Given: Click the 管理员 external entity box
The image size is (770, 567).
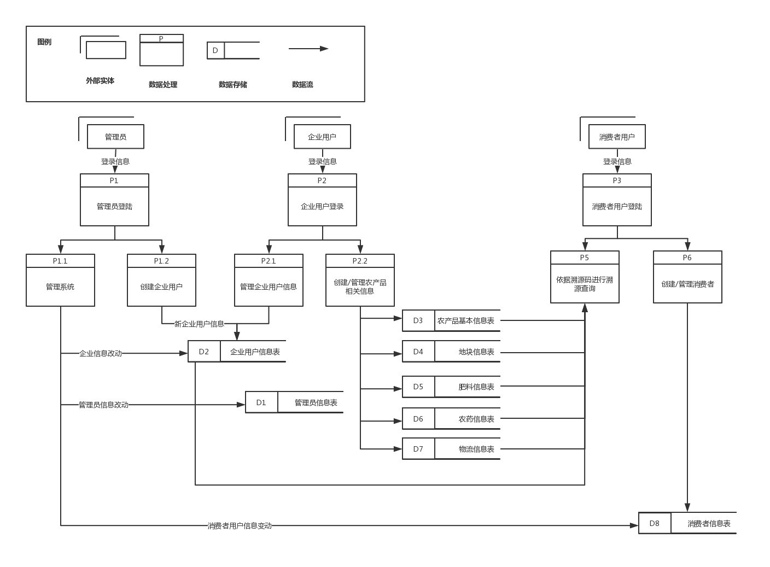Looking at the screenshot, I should (115, 137).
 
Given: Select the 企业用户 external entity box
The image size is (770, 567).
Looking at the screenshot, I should (322, 137).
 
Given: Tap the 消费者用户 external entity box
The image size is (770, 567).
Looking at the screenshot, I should (617, 137).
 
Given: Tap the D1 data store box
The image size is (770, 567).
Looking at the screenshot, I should (261, 402).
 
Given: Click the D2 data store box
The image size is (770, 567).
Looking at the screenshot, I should (204, 352).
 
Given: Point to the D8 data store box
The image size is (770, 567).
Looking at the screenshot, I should (655, 523).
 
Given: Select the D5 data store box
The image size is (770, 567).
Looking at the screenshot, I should (418, 387).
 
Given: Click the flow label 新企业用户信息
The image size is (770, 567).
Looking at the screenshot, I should (199, 324).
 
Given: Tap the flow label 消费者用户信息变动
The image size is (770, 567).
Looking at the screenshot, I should (240, 525).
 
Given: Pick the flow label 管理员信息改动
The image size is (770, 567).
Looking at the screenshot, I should (103, 405).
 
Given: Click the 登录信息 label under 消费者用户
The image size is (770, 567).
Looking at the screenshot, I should (617, 161).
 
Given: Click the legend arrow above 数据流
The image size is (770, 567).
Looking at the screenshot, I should (308, 49).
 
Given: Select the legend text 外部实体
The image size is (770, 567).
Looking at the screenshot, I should (100, 80).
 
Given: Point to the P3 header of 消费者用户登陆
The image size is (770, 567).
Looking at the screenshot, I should (617, 180).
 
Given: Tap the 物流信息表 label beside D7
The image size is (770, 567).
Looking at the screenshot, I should (476, 449).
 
